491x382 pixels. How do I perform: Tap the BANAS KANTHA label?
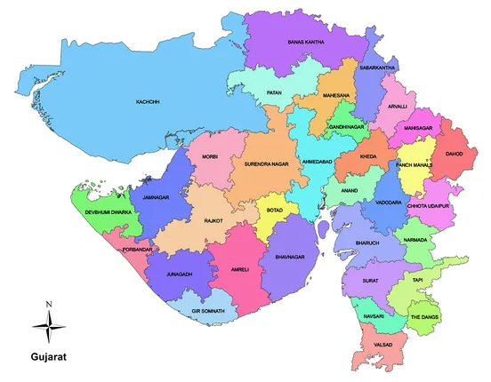tap(304, 42)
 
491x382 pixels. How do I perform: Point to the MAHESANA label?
tap(336, 94)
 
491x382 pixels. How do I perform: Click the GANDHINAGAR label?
tap(348, 127)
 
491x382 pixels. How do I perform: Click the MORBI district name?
tap(210, 156)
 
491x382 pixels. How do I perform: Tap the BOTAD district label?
tap(275, 211)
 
